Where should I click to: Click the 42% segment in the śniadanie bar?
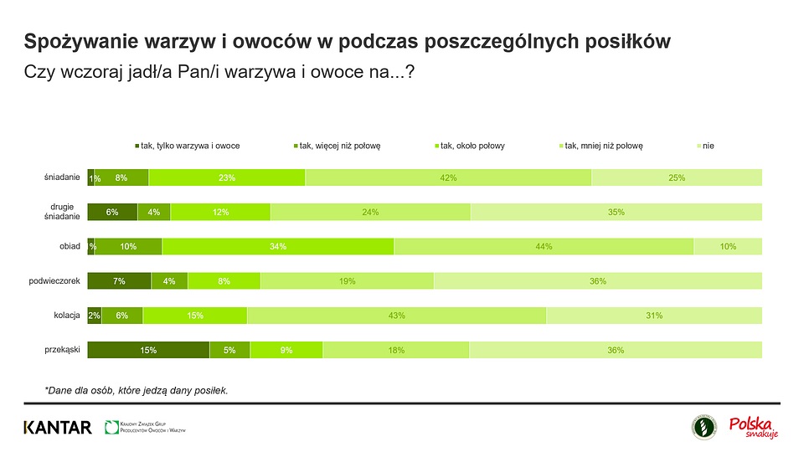tap(448, 177)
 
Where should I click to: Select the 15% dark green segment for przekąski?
tap(148, 350)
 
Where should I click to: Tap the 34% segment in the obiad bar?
tap(278, 246)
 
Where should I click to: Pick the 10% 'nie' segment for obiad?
tap(728, 246)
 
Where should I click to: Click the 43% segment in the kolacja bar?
tap(396, 316)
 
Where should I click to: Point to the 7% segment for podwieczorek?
tap(119, 281)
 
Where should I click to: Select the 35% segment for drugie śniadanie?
tap(616, 212)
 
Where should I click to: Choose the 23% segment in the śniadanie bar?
tap(226, 177)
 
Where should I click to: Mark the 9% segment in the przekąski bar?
tap(286, 350)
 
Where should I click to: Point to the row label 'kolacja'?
tap(65, 316)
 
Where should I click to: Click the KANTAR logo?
tap(58, 428)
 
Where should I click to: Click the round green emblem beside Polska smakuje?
tap(703, 427)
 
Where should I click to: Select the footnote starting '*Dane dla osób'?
tap(137, 390)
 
